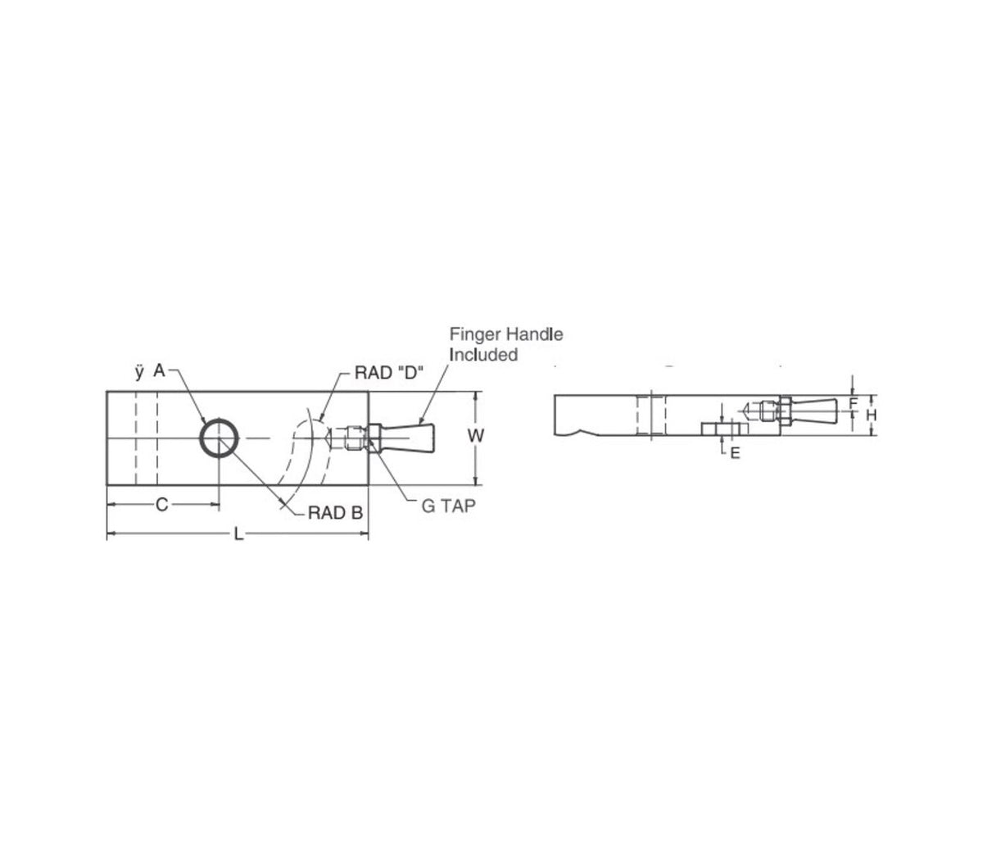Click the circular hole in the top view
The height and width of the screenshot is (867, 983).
pos(219,438)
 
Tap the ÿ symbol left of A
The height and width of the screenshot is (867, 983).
pos(139,372)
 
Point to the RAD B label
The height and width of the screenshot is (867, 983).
pos(335,513)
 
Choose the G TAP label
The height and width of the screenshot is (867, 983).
pos(448,506)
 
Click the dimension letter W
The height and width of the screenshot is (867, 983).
pos(473,437)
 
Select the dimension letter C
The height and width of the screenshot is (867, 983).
pos(162,506)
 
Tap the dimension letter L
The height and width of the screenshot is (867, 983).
pos(238,534)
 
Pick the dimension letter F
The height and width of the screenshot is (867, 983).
pos(853,403)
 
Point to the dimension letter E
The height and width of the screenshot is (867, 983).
pos(734,452)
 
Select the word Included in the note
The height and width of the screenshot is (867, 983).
pos(484,354)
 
